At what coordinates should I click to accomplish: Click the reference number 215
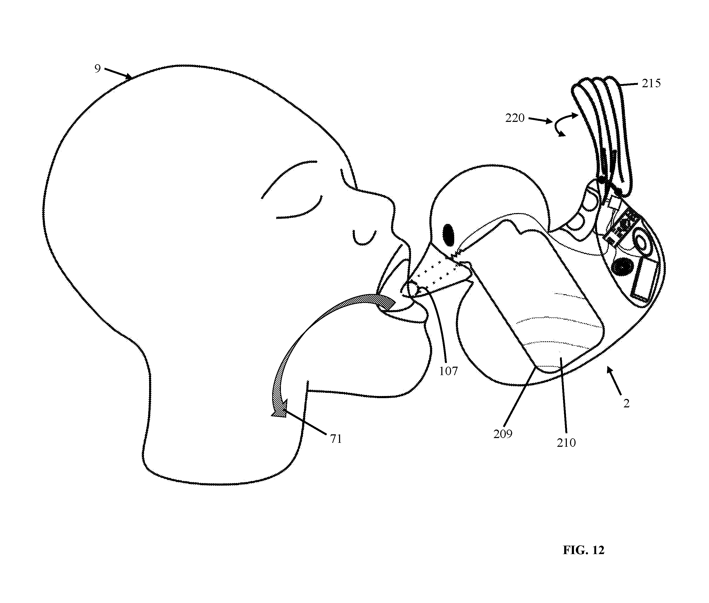[651, 83]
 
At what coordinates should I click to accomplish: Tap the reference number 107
[448, 371]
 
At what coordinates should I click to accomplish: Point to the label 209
[503, 434]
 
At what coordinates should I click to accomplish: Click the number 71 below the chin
[336, 439]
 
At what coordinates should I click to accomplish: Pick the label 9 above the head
[98, 69]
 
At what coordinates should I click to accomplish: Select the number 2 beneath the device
[626, 404]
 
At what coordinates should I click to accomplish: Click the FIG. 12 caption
[583, 550]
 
